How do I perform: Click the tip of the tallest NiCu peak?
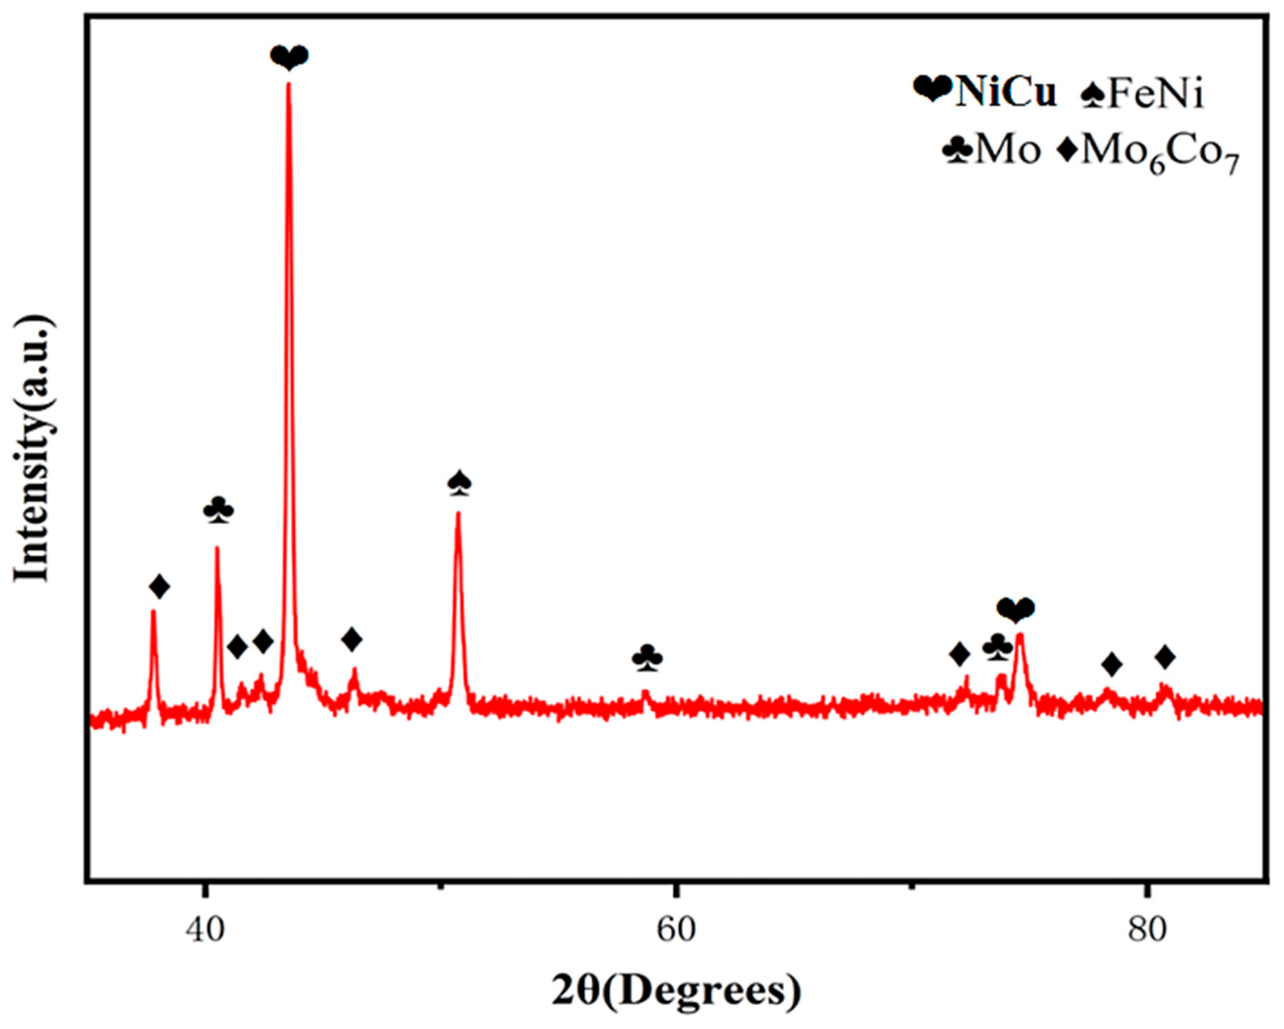click(x=289, y=84)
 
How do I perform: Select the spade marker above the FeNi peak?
click(x=459, y=483)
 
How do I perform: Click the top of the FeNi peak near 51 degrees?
click(x=458, y=513)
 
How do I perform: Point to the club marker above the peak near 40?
click(x=218, y=510)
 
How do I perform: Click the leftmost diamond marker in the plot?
click(x=159, y=587)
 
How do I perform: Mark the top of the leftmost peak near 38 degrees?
click(x=153, y=612)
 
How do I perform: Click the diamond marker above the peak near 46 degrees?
click(x=352, y=640)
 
